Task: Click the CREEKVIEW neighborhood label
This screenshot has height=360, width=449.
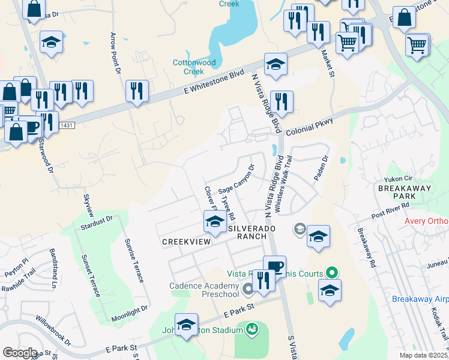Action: (x=187, y=241)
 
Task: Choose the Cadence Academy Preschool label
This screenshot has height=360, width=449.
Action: (x=203, y=290)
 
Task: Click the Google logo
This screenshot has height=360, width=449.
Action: (x=20, y=352)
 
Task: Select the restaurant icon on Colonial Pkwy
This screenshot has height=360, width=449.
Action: (x=282, y=102)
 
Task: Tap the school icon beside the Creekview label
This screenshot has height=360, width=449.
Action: (x=215, y=222)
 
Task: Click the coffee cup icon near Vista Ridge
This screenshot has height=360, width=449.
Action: (x=274, y=266)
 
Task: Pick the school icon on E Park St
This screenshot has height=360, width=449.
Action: (x=187, y=325)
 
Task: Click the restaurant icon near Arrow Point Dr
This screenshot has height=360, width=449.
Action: (x=137, y=91)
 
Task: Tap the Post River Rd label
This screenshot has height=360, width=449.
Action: (x=390, y=210)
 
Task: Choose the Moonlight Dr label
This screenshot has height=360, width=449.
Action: (x=130, y=313)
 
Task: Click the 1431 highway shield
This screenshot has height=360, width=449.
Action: (x=67, y=124)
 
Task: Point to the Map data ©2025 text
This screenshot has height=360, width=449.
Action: (x=424, y=355)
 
